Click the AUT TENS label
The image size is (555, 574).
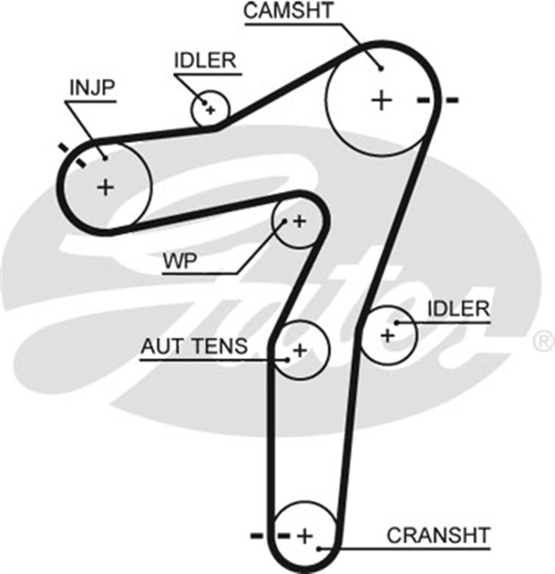tap(194, 346)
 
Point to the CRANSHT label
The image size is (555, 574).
tap(438, 535)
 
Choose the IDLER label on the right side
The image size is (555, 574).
tap(458, 309)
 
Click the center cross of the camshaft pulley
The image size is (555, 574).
tap(382, 99)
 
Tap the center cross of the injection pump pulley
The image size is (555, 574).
tap(106, 187)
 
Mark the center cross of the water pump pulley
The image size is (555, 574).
tap(298, 221)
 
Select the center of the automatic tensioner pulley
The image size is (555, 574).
tap(299, 350)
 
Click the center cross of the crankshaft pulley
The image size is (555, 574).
tap(305, 535)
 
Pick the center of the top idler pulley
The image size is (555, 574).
tap(210, 110)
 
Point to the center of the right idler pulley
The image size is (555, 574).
tap(387, 335)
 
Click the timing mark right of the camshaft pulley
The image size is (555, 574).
tap(438, 99)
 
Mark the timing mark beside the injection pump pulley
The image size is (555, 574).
tap(72, 154)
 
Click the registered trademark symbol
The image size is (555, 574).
tap(543, 341)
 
